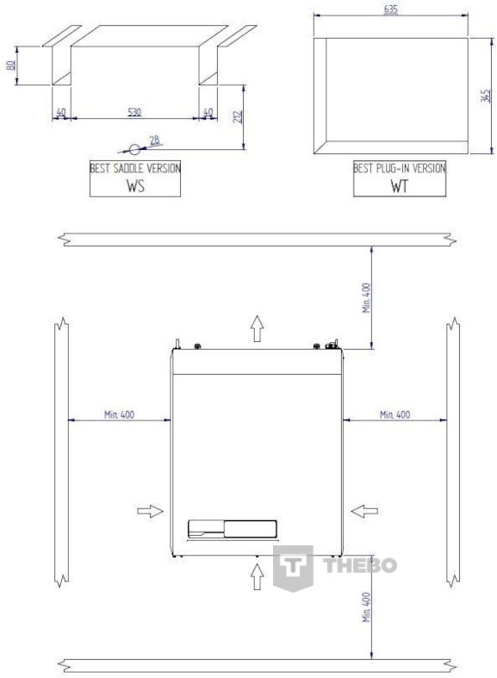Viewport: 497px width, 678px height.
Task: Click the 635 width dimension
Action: click(x=390, y=9)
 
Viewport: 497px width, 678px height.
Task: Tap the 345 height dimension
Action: click(x=486, y=96)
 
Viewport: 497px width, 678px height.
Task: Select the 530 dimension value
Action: click(x=134, y=112)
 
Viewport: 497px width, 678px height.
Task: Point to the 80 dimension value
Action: click(x=11, y=65)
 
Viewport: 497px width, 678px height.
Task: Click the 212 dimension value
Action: click(x=238, y=117)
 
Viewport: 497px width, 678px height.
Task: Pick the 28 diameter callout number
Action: click(x=154, y=140)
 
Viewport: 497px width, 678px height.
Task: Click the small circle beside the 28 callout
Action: click(x=135, y=150)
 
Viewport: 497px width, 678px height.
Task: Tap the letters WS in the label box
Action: click(x=135, y=185)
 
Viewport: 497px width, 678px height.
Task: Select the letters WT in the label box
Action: click(x=399, y=186)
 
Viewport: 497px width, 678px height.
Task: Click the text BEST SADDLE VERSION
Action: click(x=135, y=168)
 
